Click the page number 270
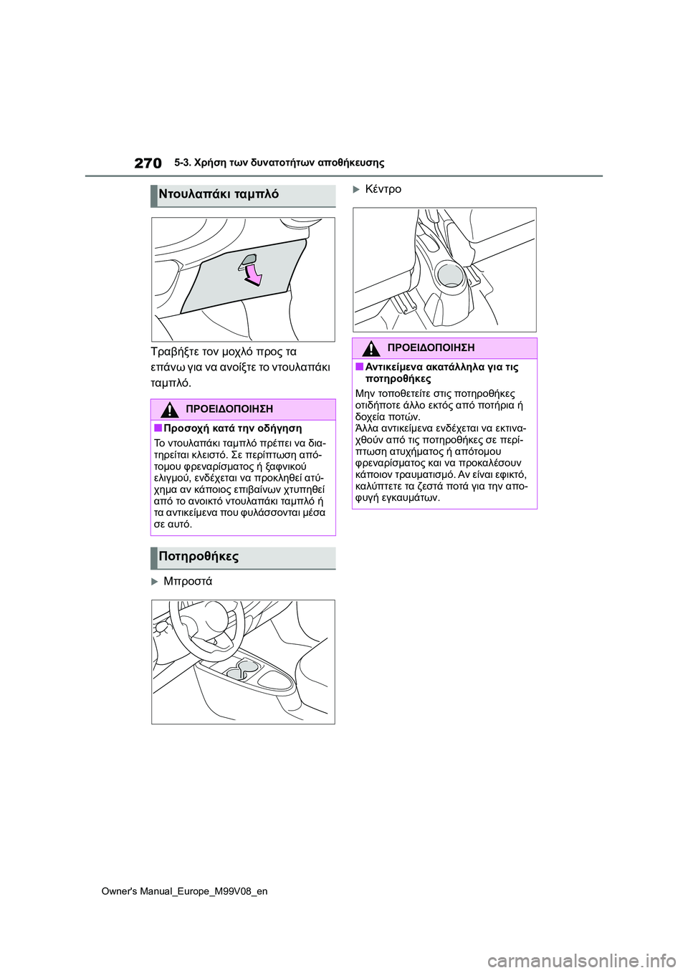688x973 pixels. pyautogui.click(x=148, y=163)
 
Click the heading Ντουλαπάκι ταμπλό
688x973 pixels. pyautogui.click(x=219, y=194)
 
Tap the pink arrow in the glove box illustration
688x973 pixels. pyautogui.click(x=253, y=275)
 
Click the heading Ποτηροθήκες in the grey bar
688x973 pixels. pyautogui.click(x=199, y=557)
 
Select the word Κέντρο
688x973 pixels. pyautogui.click(x=383, y=189)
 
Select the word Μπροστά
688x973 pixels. pyautogui.click(x=188, y=581)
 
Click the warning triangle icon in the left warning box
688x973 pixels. pyautogui.click(x=169, y=410)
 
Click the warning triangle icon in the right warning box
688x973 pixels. pyautogui.click(x=371, y=348)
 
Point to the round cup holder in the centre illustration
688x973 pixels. pyautogui.click(x=450, y=274)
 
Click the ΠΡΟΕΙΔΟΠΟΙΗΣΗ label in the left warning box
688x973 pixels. pyautogui.click(x=229, y=409)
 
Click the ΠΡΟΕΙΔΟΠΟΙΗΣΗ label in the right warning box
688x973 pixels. pyautogui.click(x=431, y=347)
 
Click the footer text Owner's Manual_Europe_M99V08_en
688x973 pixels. pyautogui.click(x=184, y=891)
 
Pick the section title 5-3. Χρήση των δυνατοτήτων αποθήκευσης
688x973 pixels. pyautogui.click(x=279, y=163)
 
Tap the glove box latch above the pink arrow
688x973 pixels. pyautogui.click(x=248, y=261)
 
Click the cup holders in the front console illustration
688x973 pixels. pyautogui.click(x=241, y=670)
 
